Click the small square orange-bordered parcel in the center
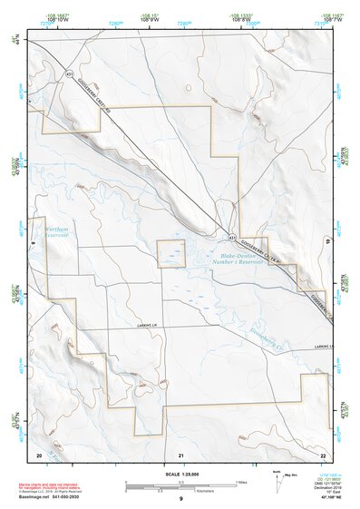pos(171,254)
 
